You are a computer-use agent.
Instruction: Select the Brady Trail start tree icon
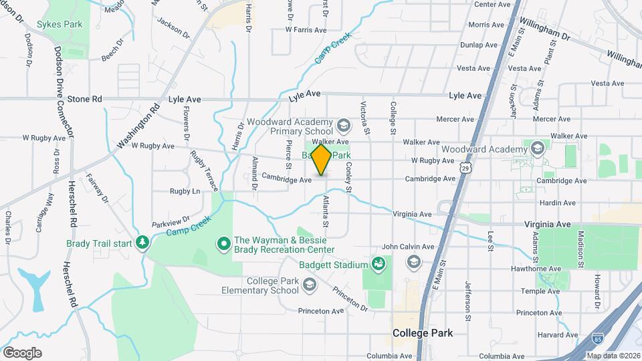[142, 242]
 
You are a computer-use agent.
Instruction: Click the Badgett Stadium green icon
[379, 264]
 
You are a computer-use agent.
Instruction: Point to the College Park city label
[422, 332]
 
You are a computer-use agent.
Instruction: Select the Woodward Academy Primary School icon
[343, 125]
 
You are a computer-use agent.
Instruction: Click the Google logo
[22, 352]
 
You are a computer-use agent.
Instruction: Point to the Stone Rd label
[84, 99]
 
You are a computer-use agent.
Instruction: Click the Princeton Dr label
[350, 298]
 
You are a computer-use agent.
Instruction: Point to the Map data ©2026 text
[613, 355]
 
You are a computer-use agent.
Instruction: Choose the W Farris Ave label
[306, 30]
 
